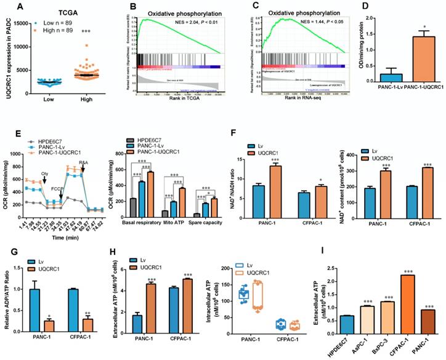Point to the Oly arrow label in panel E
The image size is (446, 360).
[x=44, y=173]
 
